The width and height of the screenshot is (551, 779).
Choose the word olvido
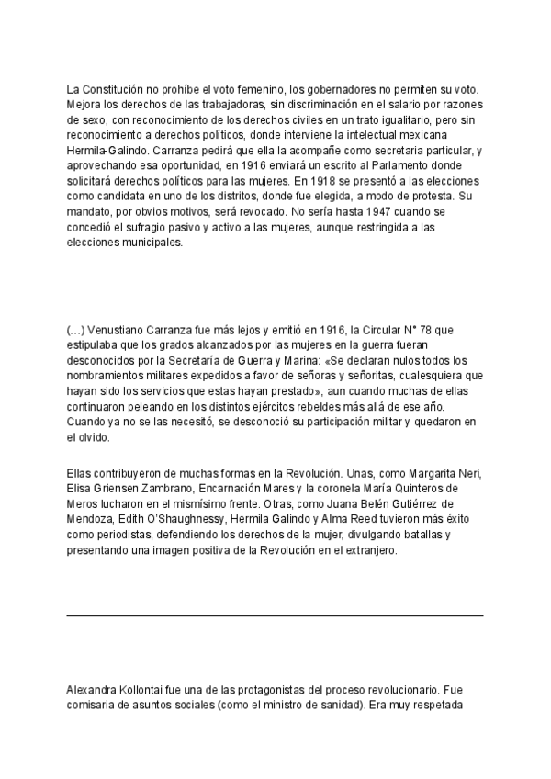[x=93, y=438]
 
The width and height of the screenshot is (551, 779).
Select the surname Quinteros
[x=409, y=488]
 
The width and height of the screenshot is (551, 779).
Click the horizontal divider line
[x=275, y=615]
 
